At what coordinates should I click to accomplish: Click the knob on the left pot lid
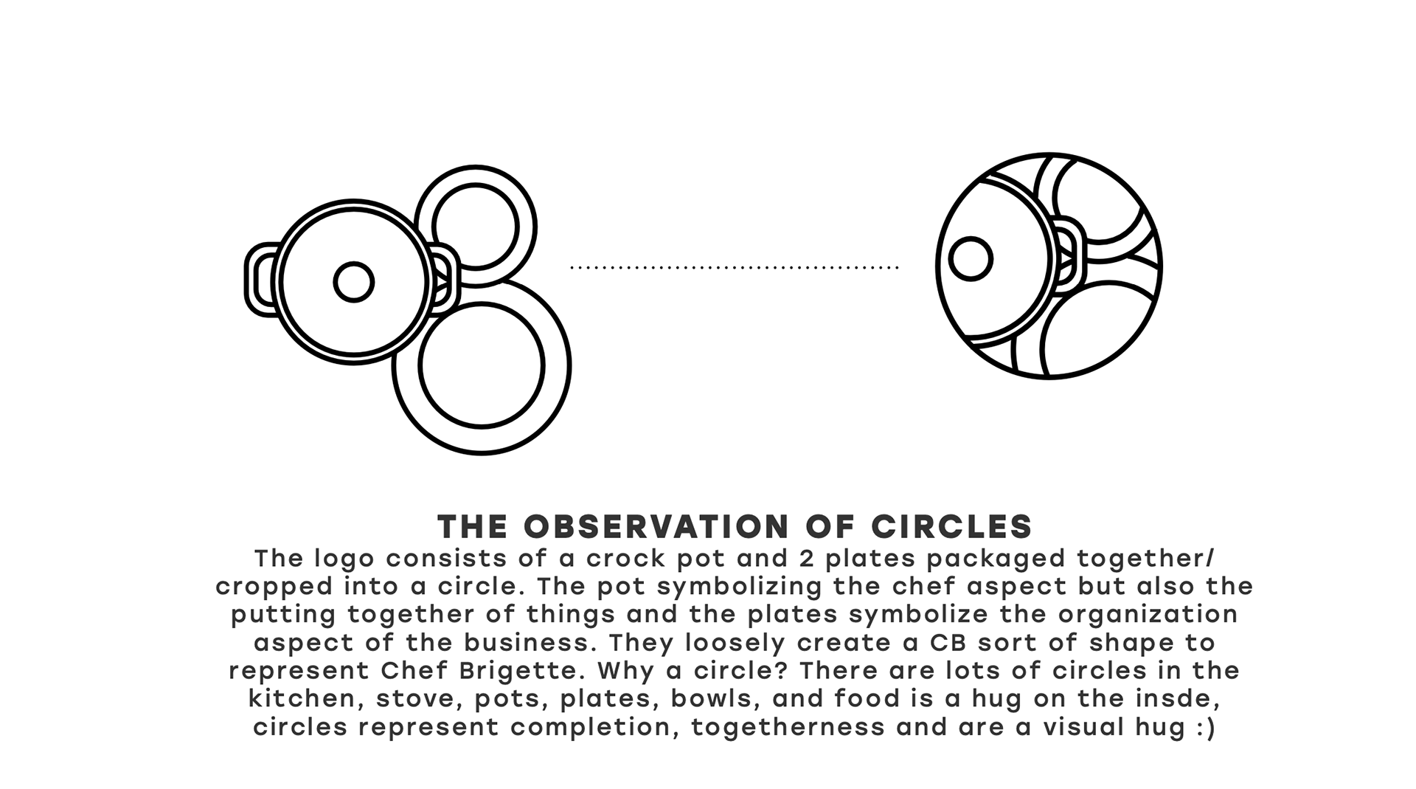tap(353, 282)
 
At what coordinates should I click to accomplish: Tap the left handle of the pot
tap(258, 280)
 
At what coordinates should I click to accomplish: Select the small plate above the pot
tap(476, 226)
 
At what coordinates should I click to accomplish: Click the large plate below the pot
tap(482, 365)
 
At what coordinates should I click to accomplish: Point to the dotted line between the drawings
tap(734, 267)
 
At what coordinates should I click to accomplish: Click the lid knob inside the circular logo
tap(970, 259)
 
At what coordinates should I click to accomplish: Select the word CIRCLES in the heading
tap(951, 527)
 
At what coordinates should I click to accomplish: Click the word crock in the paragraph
tap(617, 559)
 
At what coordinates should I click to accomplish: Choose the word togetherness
tap(788, 727)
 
